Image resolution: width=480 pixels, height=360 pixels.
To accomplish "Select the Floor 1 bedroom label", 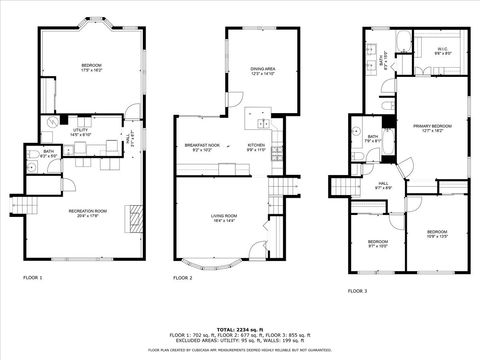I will click(91, 67).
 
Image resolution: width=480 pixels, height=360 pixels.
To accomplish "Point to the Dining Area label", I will click(262, 70).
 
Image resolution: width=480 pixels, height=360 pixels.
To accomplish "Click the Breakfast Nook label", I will click(202, 147).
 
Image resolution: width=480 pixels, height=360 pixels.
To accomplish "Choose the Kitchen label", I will click(257, 147).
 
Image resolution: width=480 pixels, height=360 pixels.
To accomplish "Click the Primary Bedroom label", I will click(432, 127).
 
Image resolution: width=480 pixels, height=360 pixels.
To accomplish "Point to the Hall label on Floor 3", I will click(383, 185).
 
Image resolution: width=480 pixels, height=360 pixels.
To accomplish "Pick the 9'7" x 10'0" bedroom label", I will click(377, 243).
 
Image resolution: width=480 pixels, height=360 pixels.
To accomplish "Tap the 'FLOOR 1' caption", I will click(33, 277).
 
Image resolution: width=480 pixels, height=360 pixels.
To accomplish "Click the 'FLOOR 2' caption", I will click(182, 277).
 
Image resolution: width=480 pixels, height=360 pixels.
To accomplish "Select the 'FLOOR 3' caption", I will click(357, 290).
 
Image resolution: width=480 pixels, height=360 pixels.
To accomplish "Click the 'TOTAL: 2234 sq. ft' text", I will click(240, 328).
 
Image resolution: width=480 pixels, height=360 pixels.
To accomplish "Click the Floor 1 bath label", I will click(48, 154).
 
